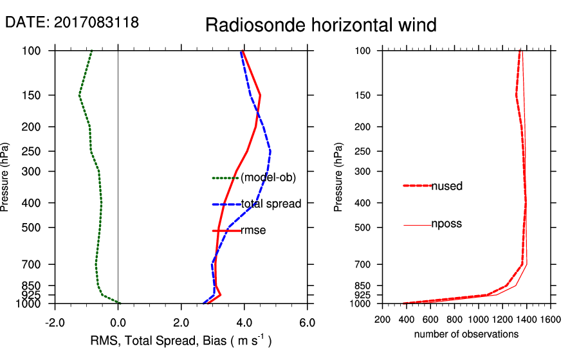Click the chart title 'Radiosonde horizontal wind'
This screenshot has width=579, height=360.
click(321, 25)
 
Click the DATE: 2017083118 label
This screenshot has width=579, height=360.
click(72, 22)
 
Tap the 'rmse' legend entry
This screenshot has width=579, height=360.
click(253, 230)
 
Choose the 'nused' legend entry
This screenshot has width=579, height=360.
click(446, 186)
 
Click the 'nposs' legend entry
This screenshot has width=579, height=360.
click(446, 224)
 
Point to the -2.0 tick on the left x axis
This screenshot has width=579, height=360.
click(55, 322)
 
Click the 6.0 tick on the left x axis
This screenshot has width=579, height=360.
click(308, 322)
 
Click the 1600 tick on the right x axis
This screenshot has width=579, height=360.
click(550, 319)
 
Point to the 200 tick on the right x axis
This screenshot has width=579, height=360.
click(382, 319)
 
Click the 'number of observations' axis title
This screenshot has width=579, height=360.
click(466, 334)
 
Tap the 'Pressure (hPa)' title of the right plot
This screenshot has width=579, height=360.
click(338, 177)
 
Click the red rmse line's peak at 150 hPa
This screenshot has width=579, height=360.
click(260, 95)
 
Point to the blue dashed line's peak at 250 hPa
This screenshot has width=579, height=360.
click(270, 151)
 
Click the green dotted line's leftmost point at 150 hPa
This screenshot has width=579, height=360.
click(79, 95)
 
